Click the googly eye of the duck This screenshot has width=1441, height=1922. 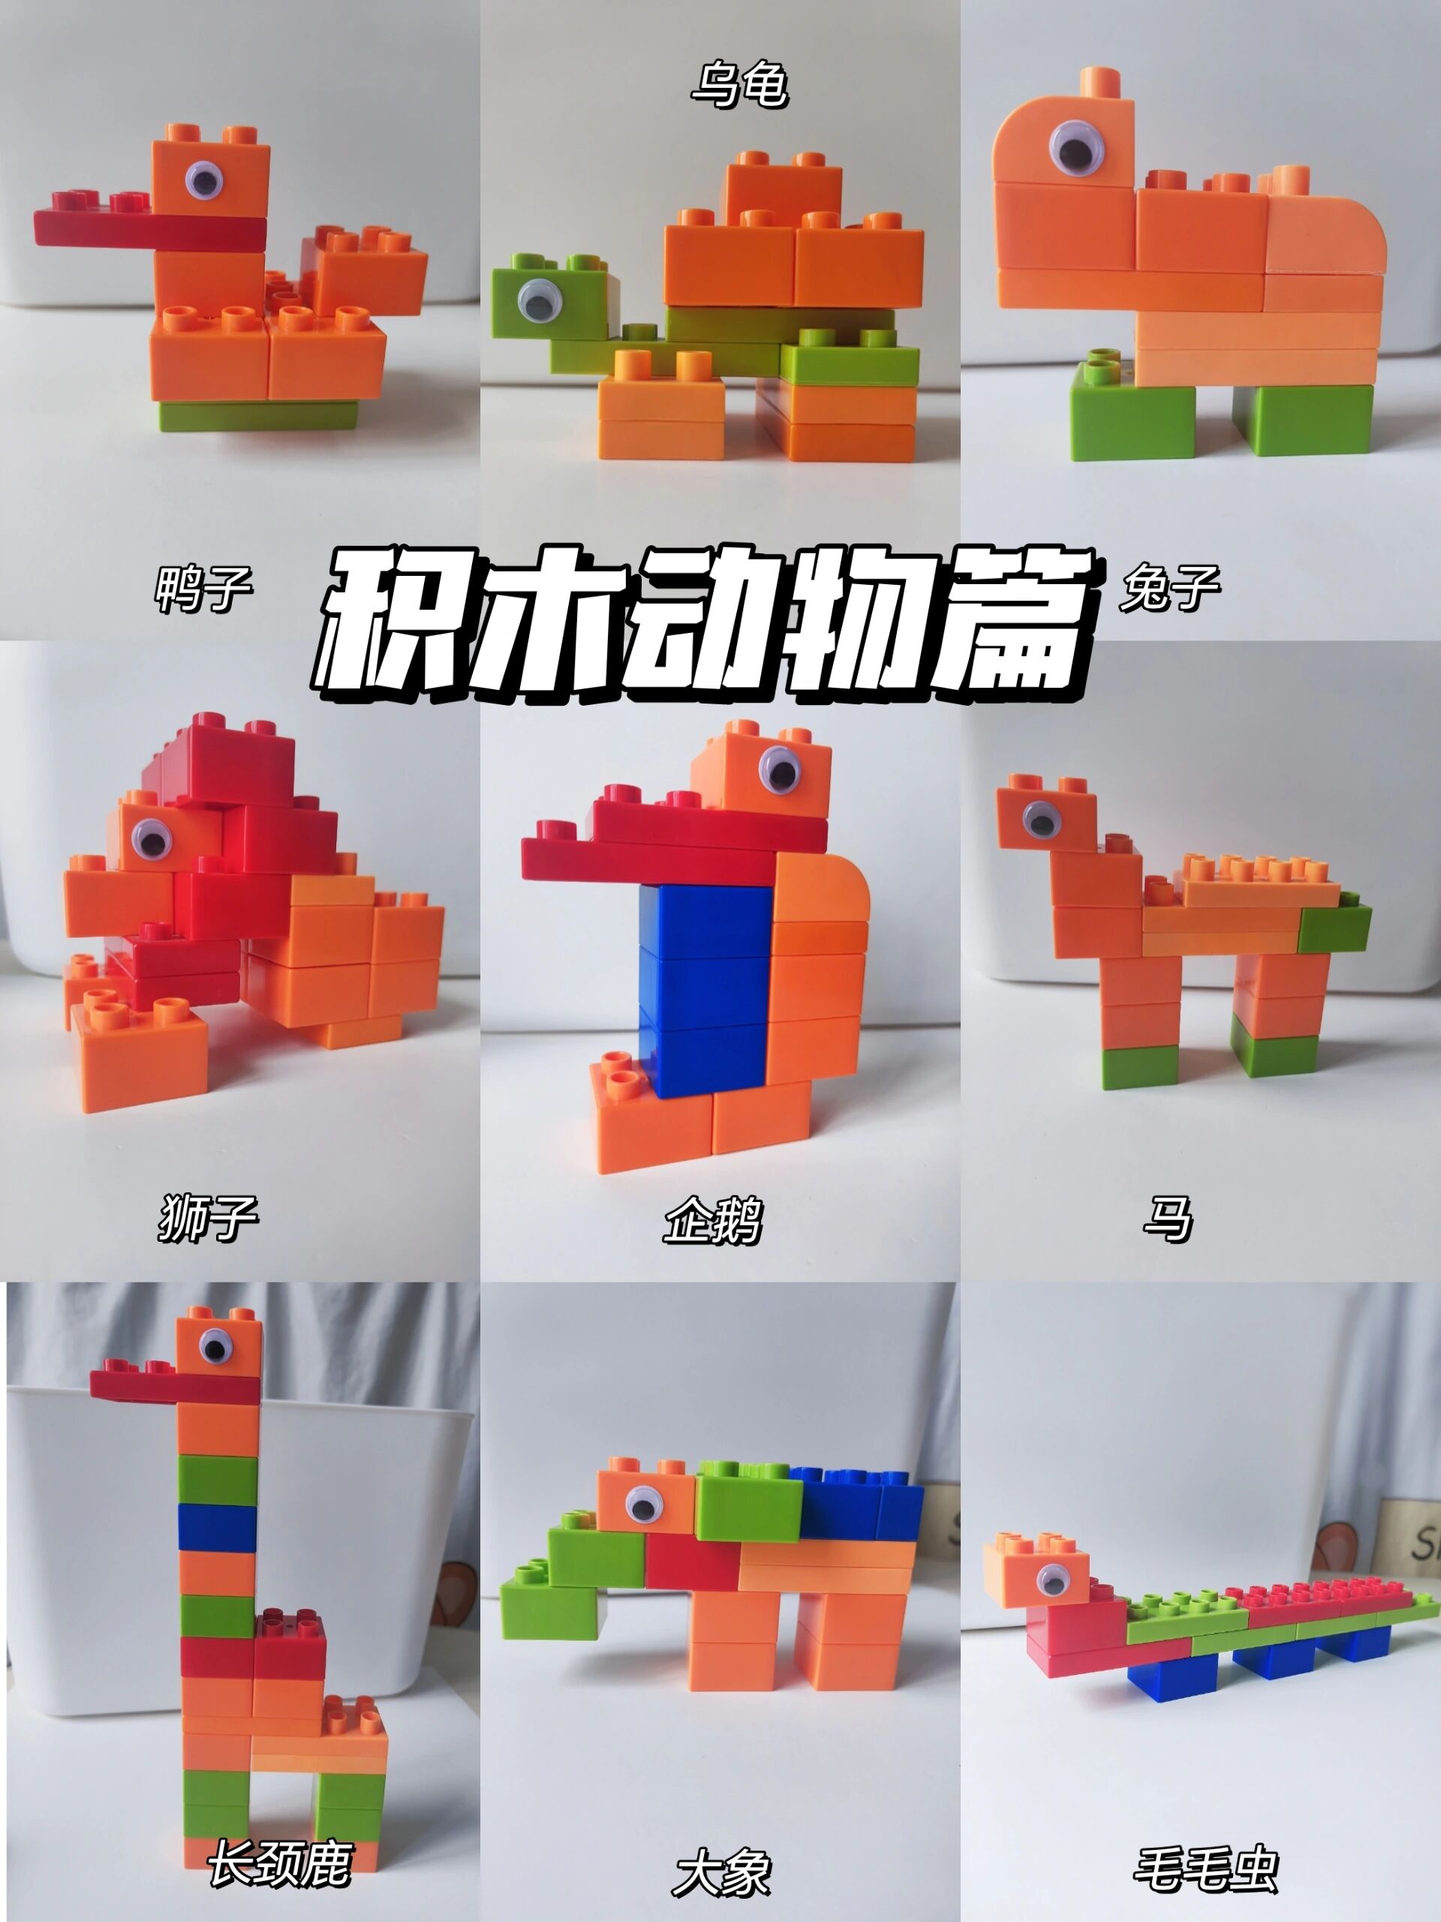[203, 181]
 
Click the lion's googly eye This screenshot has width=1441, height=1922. [153, 840]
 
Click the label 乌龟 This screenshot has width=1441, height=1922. [740, 86]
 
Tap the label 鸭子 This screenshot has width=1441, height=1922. [204, 589]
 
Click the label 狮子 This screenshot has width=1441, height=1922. [206, 1217]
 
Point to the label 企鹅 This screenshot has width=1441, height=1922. [712, 1219]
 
